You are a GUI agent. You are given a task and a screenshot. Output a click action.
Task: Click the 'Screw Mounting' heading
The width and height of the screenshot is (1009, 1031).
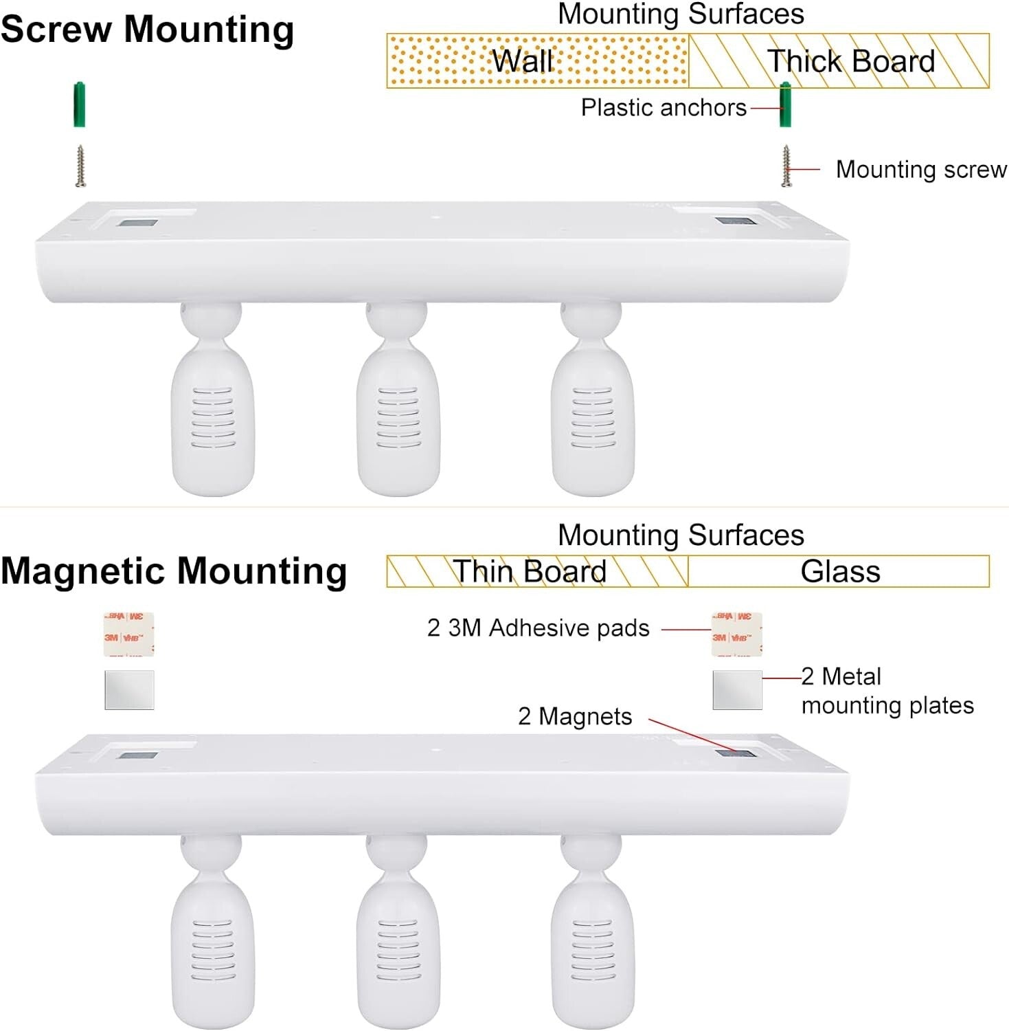147,30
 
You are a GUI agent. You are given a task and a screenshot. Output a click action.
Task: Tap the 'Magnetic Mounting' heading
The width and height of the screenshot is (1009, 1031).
174,571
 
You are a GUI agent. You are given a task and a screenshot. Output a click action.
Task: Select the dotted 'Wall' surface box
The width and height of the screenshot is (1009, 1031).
537,61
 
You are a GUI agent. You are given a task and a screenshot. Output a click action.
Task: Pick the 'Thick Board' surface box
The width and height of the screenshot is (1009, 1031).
839,61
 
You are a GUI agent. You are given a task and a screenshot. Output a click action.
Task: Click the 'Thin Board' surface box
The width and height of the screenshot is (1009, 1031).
537,571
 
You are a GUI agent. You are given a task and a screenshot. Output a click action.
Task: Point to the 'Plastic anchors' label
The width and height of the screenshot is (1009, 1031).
663,108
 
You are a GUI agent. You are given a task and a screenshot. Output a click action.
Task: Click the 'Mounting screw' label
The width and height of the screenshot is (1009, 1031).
920,169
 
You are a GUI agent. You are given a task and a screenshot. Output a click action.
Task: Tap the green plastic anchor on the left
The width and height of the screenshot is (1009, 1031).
80,104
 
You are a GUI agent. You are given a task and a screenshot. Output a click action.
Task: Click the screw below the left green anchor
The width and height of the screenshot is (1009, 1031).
80,166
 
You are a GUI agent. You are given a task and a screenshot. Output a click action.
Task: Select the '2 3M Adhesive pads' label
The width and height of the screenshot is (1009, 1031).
538,628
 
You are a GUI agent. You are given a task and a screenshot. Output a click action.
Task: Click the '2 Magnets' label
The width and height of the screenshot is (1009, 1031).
574,716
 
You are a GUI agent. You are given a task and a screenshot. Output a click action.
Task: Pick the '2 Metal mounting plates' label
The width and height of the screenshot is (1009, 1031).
886,691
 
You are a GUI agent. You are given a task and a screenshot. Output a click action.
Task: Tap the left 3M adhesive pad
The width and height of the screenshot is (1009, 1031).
128,634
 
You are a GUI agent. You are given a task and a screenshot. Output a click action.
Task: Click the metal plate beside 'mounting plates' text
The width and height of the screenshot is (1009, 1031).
737,690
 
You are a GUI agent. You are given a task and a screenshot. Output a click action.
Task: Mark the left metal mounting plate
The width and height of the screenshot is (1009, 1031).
129,690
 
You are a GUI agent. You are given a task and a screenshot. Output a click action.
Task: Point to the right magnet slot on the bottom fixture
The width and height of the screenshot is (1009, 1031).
735,754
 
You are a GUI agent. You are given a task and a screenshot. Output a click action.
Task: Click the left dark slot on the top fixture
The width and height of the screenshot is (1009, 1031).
137,223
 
